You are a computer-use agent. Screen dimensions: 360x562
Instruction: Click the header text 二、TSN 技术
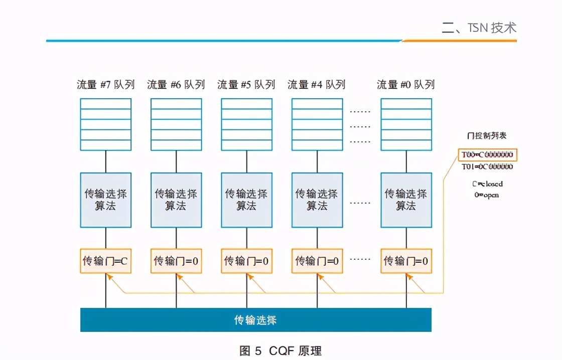[x=479, y=28]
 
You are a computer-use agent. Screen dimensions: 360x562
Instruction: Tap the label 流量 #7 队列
[x=106, y=84]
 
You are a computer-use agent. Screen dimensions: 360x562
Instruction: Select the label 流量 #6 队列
[x=176, y=84]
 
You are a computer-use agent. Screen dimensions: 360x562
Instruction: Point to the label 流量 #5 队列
[x=246, y=84]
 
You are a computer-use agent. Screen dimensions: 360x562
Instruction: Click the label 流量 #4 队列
[x=317, y=84]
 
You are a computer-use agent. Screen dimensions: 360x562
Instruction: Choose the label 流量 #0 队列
[x=406, y=84]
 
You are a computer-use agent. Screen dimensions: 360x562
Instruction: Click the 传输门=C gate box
[x=106, y=261]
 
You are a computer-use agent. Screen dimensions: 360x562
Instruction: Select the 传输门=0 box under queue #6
[x=176, y=261]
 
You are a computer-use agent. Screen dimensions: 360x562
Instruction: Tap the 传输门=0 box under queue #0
[x=406, y=261]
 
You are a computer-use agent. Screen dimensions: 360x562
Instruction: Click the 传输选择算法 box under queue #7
[x=106, y=200]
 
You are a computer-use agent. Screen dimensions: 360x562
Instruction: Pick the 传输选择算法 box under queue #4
[x=317, y=200]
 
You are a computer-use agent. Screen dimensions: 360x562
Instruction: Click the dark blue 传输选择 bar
[x=255, y=320]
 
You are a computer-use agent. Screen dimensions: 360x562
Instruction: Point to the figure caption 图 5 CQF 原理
[x=280, y=350]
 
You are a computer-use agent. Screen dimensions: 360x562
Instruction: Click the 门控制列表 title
[x=487, y=136]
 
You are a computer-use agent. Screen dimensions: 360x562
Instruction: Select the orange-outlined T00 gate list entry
[x=487, y=154]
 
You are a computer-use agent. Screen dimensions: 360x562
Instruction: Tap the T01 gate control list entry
[x=487, y=167]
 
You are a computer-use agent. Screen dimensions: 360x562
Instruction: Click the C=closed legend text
[x=487, y=184]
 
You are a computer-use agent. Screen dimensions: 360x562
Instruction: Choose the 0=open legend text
[x=487, y=195]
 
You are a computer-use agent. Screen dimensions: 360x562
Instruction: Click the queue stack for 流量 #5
[x=246, y=124]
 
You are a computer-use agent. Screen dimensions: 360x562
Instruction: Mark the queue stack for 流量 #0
[x=406, y=124]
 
